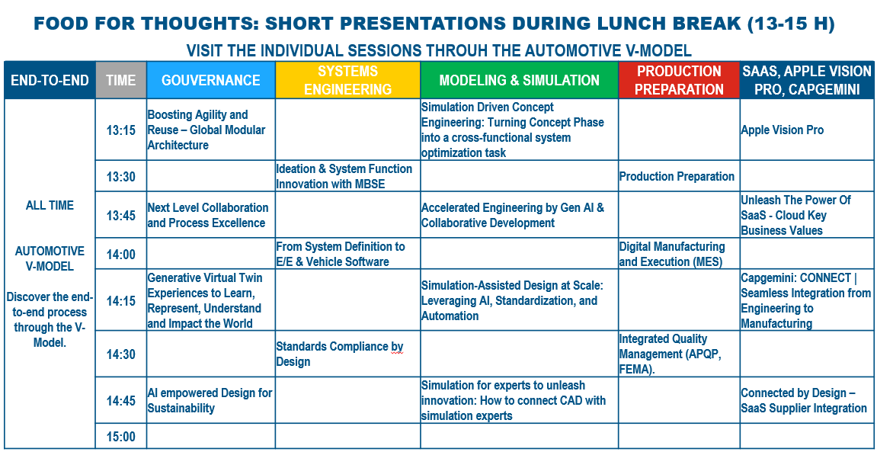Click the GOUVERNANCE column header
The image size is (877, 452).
pos(211,81)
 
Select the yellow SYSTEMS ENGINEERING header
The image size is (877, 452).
pos(347,81)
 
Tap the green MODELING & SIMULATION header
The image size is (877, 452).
pos(519,81)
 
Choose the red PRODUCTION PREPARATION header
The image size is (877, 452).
pos(679,81)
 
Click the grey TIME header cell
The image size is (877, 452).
pos(121,81)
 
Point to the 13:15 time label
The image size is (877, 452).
pos(121,130)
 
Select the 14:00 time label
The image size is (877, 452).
pos(121,255)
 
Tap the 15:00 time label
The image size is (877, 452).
pos(121,436)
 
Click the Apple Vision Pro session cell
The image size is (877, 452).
pos(783,130)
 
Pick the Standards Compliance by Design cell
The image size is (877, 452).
pos(340,354)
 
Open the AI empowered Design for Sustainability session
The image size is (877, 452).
pos(210,400)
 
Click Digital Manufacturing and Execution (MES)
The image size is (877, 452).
pos(672,254)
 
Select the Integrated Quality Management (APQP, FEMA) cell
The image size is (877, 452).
pos(664,354)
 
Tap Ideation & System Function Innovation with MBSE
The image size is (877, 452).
pos(344,176)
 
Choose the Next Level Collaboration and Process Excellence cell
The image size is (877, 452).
pos(207,216)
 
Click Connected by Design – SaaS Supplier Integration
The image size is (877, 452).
pos(804,400)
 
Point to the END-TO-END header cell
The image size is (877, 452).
pos(50,81)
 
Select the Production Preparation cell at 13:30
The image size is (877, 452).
pos(677,176)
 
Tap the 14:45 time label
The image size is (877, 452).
pos(121,400)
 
